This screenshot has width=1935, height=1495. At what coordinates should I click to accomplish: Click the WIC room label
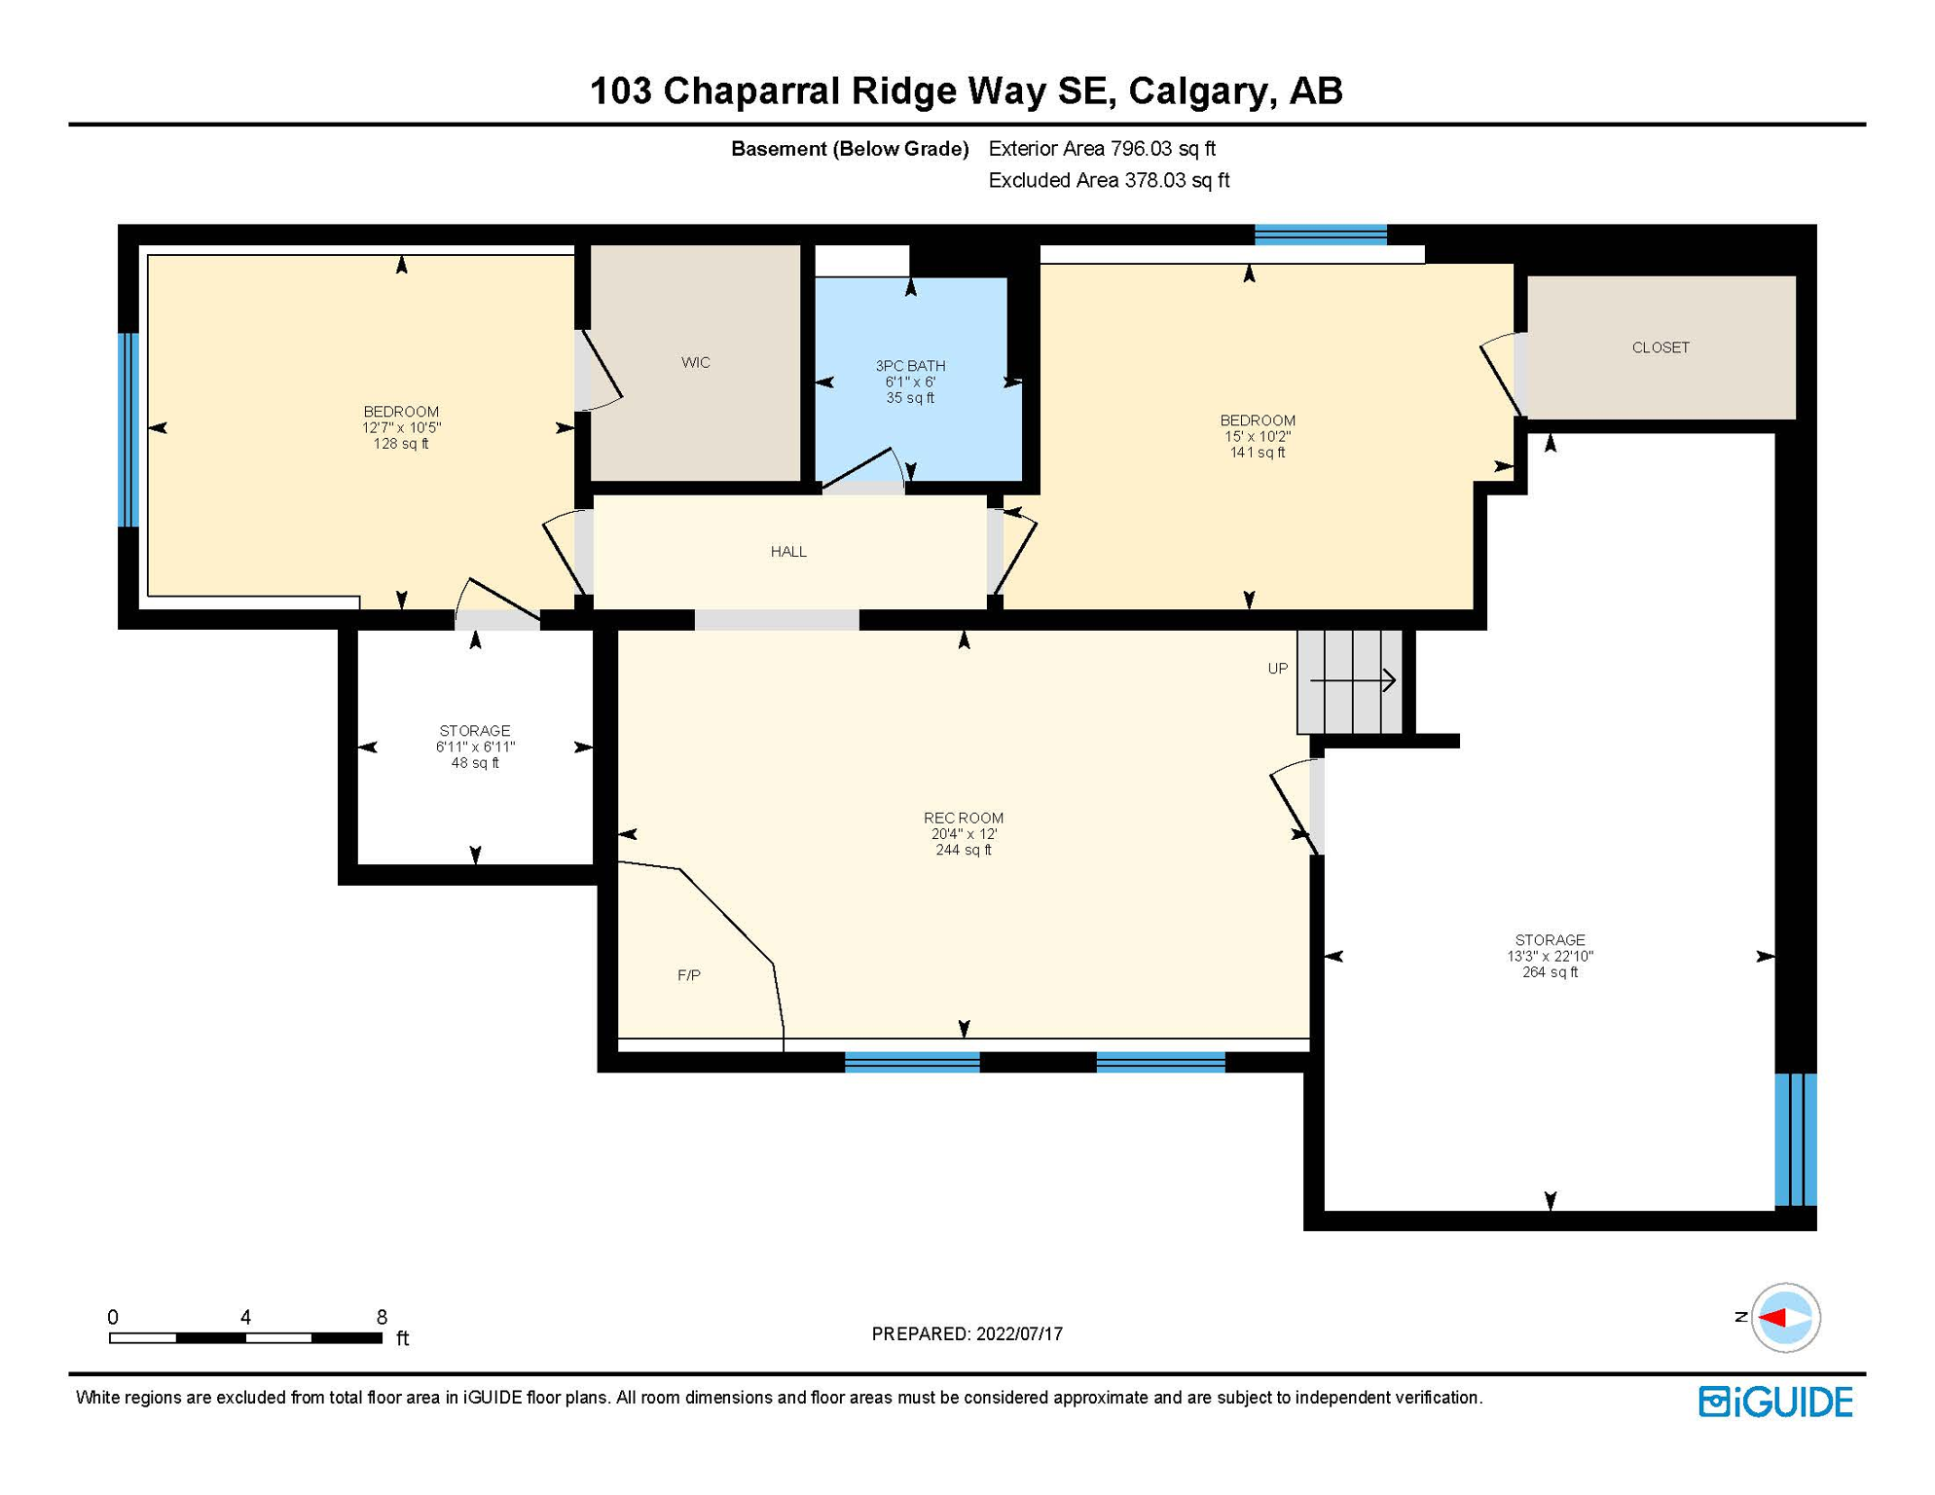695,362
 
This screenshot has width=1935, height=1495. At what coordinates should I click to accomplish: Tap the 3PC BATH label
910,366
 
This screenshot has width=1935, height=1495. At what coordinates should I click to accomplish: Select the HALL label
788,552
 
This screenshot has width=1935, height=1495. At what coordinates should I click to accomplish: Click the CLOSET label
1661,347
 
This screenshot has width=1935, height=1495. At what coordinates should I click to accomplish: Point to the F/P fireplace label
689,975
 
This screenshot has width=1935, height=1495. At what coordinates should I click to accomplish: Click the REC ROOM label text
964,819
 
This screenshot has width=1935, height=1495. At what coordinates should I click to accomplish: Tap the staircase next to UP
1349,681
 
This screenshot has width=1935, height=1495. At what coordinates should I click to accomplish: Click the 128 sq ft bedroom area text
401,444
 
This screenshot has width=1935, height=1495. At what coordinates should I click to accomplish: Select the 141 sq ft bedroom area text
1258,453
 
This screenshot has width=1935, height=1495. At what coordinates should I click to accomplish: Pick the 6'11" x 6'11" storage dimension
475,747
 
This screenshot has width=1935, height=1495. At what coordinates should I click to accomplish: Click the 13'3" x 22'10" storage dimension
1551,957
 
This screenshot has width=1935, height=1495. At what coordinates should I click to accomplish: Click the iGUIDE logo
1776,1403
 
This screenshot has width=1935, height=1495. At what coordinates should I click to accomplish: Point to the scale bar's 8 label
382,1317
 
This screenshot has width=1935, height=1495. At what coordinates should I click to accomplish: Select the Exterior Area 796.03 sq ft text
1102,149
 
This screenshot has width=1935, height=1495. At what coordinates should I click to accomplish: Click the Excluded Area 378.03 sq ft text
1109,181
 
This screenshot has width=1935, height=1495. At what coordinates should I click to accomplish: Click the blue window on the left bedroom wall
128,430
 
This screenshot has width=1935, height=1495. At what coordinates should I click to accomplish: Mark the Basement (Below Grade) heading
850,149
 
